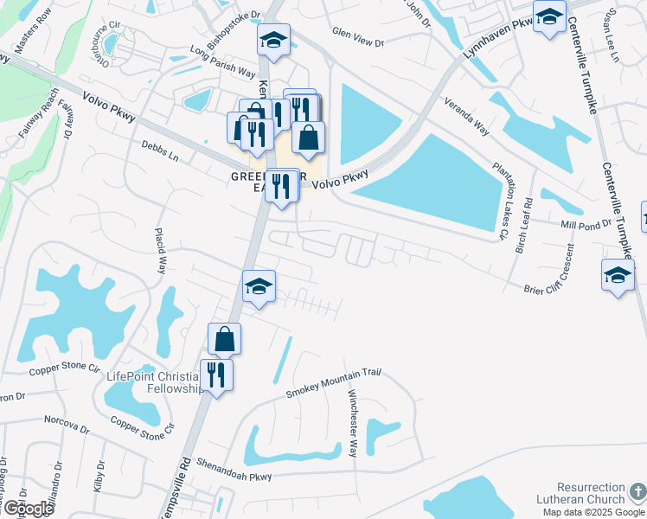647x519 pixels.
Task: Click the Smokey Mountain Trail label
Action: (334, 383)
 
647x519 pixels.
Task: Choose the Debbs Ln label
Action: (159, 153)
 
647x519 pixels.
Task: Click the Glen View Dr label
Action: (357, 32)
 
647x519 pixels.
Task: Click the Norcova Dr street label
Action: (67, 424)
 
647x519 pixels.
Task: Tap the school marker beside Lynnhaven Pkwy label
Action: (549, 16)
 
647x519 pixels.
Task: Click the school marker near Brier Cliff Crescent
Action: (618, 275)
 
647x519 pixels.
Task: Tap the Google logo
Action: (28, 509)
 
